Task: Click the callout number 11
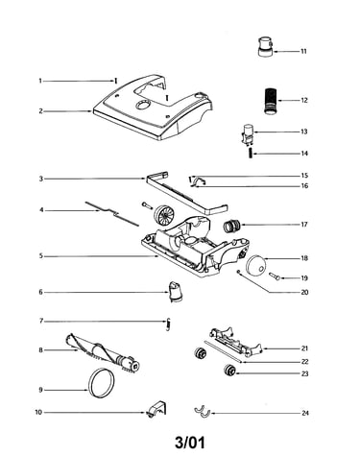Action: click(x=303, y=51)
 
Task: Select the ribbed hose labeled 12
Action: click(x=271, y=100)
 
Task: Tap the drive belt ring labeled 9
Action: click(x=102, y=383)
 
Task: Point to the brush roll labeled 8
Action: click(x=103, y=353)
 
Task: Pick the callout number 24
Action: click(x=305, y=413)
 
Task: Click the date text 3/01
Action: click(x=190, y=443)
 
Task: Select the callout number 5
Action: click(x=40, y=256)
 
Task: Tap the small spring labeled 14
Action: click(x=251, y=154)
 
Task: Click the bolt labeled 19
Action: click(x=275, y=276)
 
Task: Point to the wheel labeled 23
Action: click(x=229, y=371)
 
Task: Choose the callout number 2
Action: click(x=40, y=111)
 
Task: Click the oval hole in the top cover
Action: click(x=142, y=105)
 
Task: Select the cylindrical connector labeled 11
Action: click(x=266, y=47)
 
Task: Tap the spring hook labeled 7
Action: click(x=168, y=324)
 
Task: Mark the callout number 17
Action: click(x=304, y=225)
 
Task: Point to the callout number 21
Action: click(x=304, y=348)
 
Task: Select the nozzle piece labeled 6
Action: click(x=176, y=292)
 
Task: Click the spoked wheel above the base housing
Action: click(x=164, y=215)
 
